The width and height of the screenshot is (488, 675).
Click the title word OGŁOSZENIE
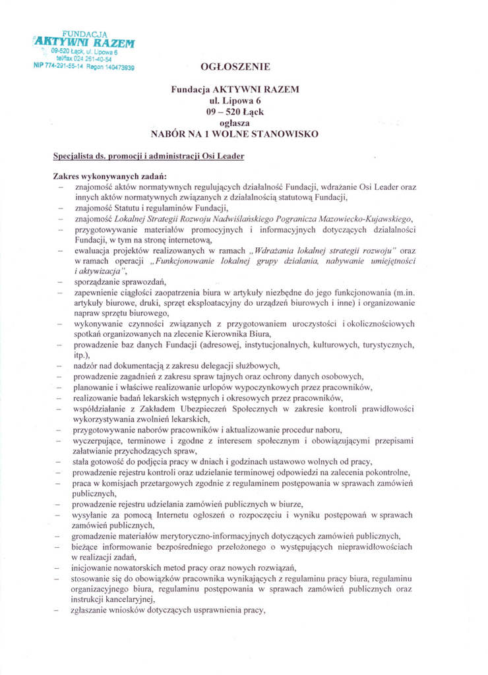234,67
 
